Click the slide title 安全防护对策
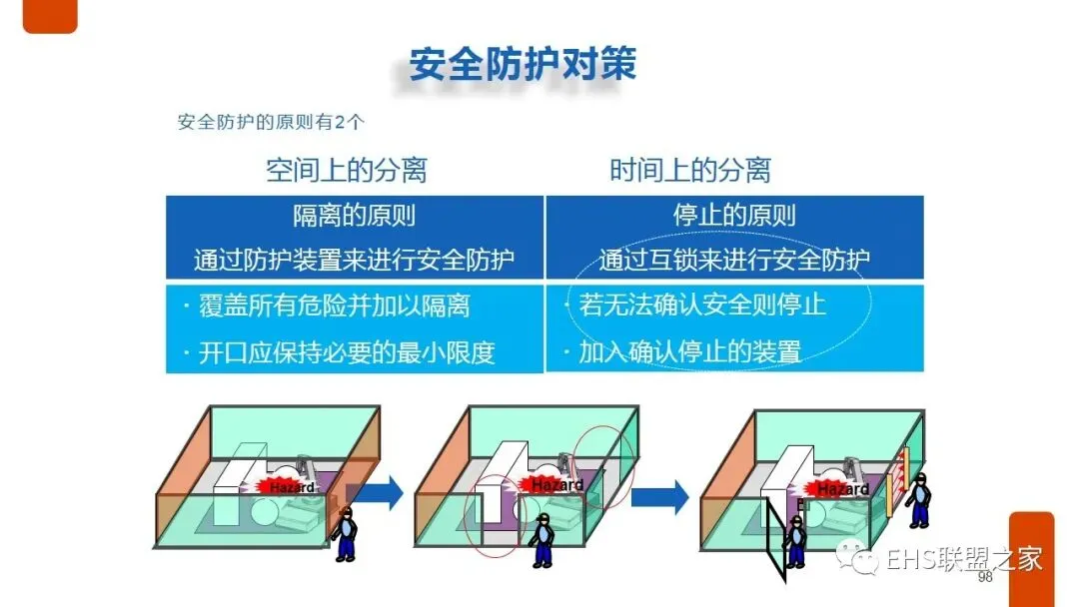coord(523,63)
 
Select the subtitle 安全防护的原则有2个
coord(271,123)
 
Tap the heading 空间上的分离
coord(346,170)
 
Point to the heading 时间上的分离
coord(690,170)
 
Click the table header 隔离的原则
coord(354,215)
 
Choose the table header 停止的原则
coord(734,215)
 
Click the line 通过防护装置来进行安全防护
coord(354,261)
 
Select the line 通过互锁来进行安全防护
coord(734,261)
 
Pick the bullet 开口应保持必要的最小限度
coord(346,351)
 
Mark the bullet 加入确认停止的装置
coord(689,351)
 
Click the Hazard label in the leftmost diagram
coord(292,487)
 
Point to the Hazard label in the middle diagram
coord(556,485)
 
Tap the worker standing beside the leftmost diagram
coord(346,533)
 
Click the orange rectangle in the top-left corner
coord(50,15)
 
